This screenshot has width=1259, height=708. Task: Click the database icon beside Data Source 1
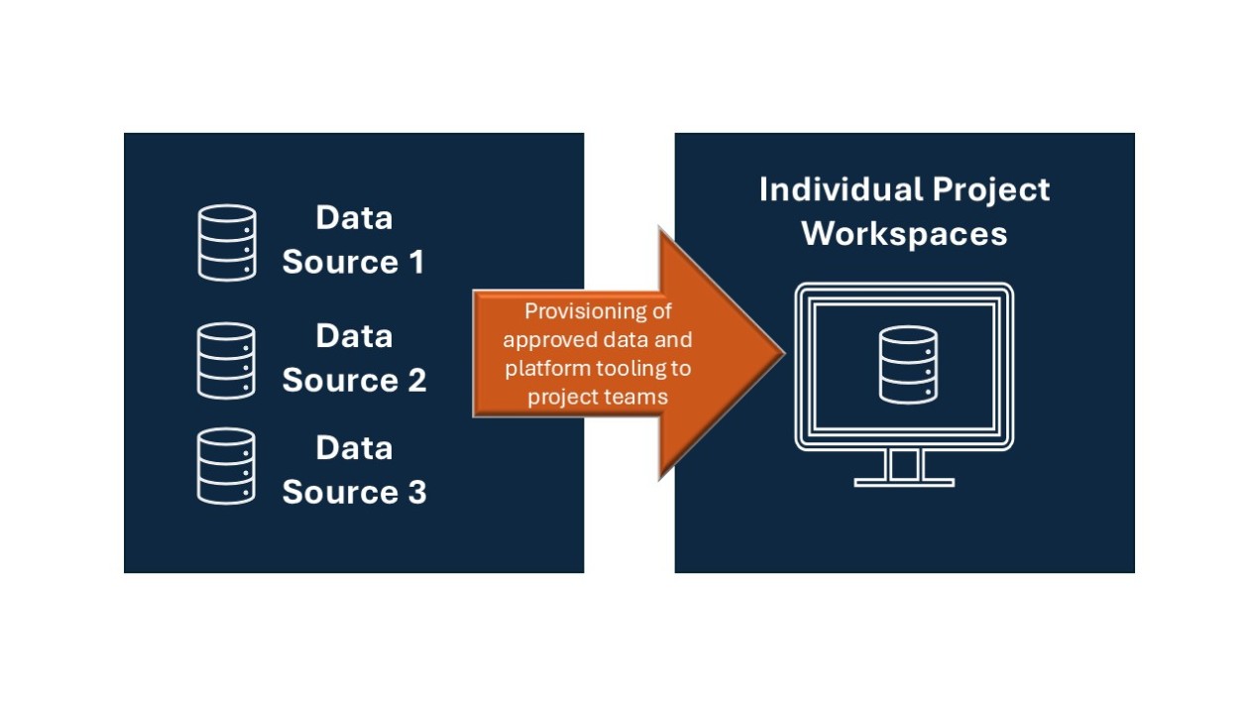[x=227, y=242]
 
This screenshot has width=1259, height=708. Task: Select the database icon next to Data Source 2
[x=227, y=360]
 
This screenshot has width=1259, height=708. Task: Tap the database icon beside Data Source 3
[x=227, y=466]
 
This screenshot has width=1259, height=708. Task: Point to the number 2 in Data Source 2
[x=415, y=381]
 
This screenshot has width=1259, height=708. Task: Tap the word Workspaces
[x=904, y=234]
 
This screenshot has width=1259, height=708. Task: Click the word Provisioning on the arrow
[x=598, y=311]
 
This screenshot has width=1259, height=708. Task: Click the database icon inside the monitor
[x=907, y=365]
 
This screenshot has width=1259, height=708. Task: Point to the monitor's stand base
[x=904, y=483]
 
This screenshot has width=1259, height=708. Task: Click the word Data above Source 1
[x=354, y=218]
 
